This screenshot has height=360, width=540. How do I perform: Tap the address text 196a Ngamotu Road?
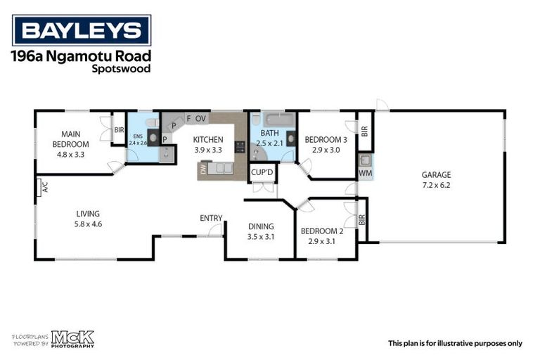(x=82, y=56)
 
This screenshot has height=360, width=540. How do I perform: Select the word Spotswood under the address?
(x=121, y=69)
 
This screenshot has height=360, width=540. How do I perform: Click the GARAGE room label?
(x=436, y=175)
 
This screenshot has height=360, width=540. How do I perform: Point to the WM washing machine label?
(x=365, y=172)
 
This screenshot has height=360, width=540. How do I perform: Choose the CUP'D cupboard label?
(x=262, y=172)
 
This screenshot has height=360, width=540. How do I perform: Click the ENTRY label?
(x=211, y=218)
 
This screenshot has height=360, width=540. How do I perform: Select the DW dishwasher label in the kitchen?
(x=203, y=169)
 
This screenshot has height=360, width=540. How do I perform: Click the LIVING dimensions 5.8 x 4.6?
(x=89, y=224)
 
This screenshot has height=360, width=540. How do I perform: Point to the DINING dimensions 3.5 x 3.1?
(x=260, y=237)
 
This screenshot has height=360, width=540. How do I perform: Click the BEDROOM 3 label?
(x=326, y=140)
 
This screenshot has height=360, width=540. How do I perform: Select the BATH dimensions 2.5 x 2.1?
(x=270, y=143)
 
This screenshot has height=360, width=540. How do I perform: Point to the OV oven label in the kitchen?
(x=200, y=119)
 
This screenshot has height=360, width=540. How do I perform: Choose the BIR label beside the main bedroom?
(x=119, y=130)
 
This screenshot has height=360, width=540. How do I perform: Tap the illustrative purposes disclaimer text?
(x=455, y=343)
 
